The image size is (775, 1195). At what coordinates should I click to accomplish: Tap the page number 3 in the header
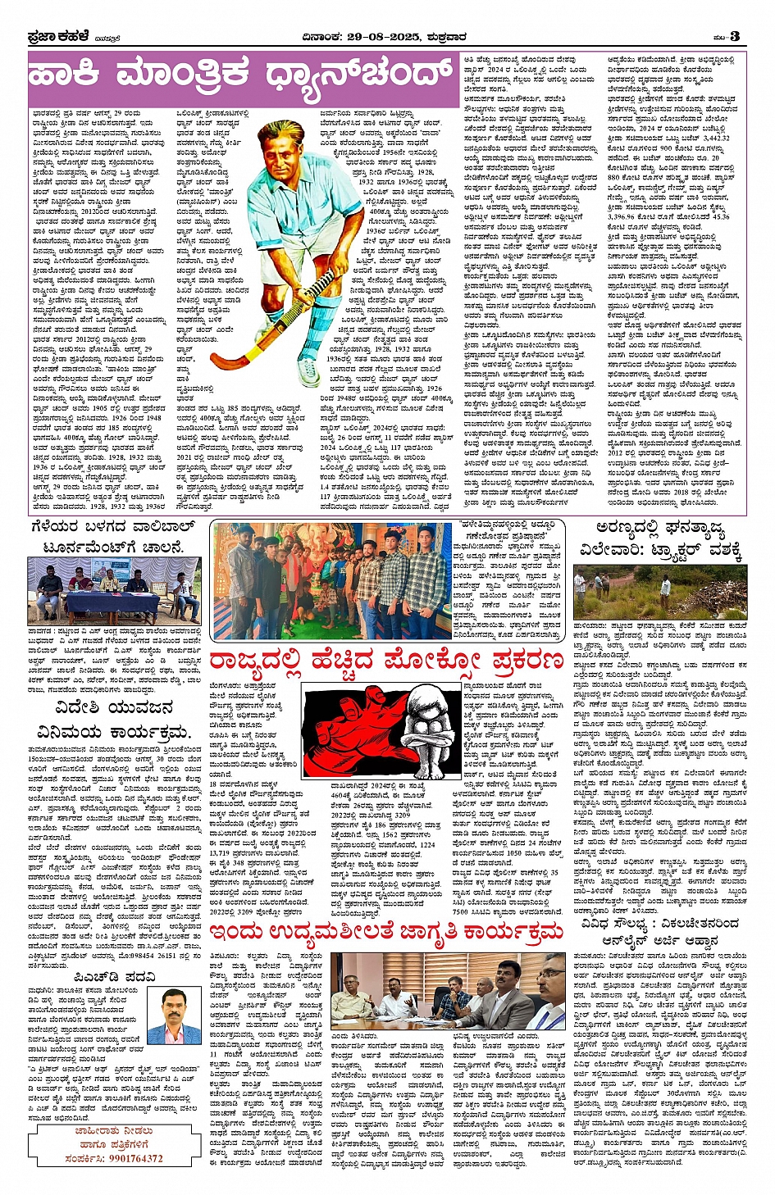pyautogui.click(x=735, y=36)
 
